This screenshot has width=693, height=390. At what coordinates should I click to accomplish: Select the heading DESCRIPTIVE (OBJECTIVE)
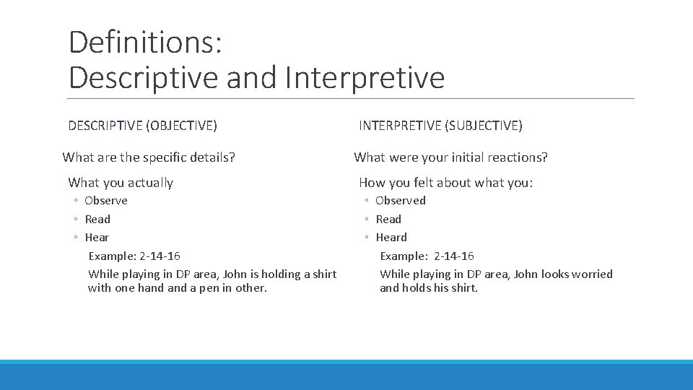(142, 126)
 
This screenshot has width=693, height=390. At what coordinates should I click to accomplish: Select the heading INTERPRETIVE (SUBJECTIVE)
(440, 126)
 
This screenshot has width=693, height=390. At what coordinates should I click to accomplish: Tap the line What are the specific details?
(149, 157)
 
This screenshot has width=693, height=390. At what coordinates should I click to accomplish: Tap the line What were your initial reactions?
(450, 157)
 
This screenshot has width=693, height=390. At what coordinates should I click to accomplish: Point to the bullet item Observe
(106, 201)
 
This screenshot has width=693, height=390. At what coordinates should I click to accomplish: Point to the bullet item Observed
(401, 201)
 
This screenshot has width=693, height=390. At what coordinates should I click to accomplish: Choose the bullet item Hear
(97, 238)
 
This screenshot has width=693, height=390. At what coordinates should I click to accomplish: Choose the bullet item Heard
(391, 238)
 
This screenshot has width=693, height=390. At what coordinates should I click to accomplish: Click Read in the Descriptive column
(97, 220)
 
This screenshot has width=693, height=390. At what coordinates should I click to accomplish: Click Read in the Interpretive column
(388, 220)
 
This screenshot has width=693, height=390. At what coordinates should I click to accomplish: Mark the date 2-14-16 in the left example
(160, 256)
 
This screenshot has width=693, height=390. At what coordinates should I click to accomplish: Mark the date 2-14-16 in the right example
(454, 256)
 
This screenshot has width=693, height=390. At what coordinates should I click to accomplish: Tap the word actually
(149, 183)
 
